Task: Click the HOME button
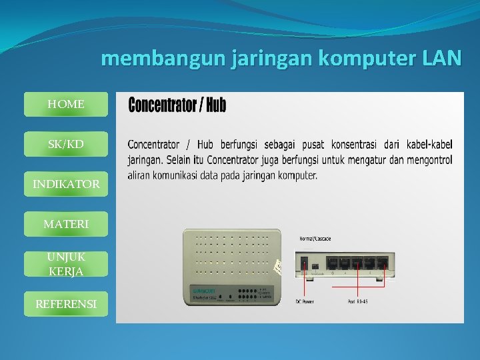66,105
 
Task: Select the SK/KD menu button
66,144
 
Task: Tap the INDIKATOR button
66,184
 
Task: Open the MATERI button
66,225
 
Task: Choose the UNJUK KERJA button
66,264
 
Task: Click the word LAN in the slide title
441,59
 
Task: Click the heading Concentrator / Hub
177,105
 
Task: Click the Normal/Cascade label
314,238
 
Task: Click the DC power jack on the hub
305,262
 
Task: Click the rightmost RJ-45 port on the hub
382,263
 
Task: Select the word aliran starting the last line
142,176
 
